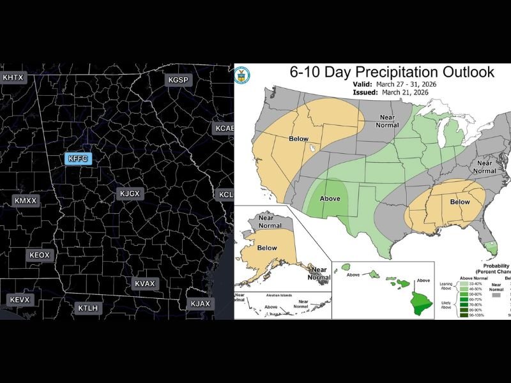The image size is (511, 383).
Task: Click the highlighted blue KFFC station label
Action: [80, 158]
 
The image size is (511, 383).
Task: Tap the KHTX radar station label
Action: [13, 78]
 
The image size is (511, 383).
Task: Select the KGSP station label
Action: [178, 80]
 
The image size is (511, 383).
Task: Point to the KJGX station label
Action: [130, 193]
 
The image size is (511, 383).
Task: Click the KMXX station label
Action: [26, 200]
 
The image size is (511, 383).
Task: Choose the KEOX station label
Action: [40, 255]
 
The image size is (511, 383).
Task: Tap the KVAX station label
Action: [145, 283]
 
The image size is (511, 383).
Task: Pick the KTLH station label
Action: [88, 308]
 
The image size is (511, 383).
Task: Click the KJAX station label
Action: [200, 303]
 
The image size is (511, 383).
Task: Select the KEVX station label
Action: [20, 299]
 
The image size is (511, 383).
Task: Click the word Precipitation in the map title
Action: [385, 72]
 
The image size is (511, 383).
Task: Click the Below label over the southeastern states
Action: [459, 201]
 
